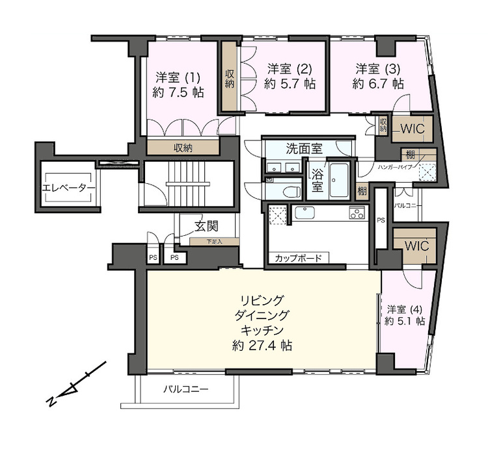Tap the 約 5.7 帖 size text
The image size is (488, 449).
tap(290, 84)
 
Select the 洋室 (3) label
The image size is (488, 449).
tap(378, 68)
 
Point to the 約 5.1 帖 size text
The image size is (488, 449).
tap(404, 321)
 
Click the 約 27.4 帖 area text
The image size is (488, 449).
tap(262, 346)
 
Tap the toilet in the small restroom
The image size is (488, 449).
tap(291, 190)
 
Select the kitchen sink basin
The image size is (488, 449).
tap(305, 212)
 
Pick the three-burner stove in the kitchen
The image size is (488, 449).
tap(357, 212)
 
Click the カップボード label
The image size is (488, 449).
tap(298, 258)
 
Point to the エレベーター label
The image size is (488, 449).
tap(68, 188)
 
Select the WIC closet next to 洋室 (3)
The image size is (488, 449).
tap(411, 129)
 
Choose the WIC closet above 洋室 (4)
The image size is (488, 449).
tap(413, 246)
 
